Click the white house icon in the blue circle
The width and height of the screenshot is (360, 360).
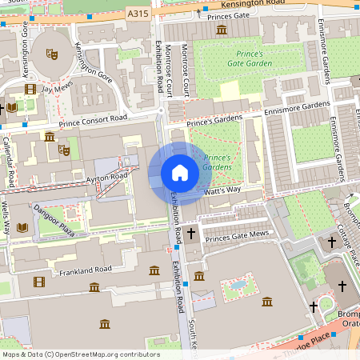[179, 173]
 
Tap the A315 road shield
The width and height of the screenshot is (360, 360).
[138, 14]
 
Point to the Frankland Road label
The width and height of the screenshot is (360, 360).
[84, 270]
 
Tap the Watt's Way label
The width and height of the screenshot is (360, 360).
[244, 191]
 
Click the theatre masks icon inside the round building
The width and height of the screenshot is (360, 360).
[53, 54]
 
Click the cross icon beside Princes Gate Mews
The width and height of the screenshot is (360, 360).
[190, 234]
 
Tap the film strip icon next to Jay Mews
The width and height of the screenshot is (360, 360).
[30, 90]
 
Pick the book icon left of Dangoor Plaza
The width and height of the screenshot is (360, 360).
[22, 228]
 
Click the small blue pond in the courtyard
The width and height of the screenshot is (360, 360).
[238, 284]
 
